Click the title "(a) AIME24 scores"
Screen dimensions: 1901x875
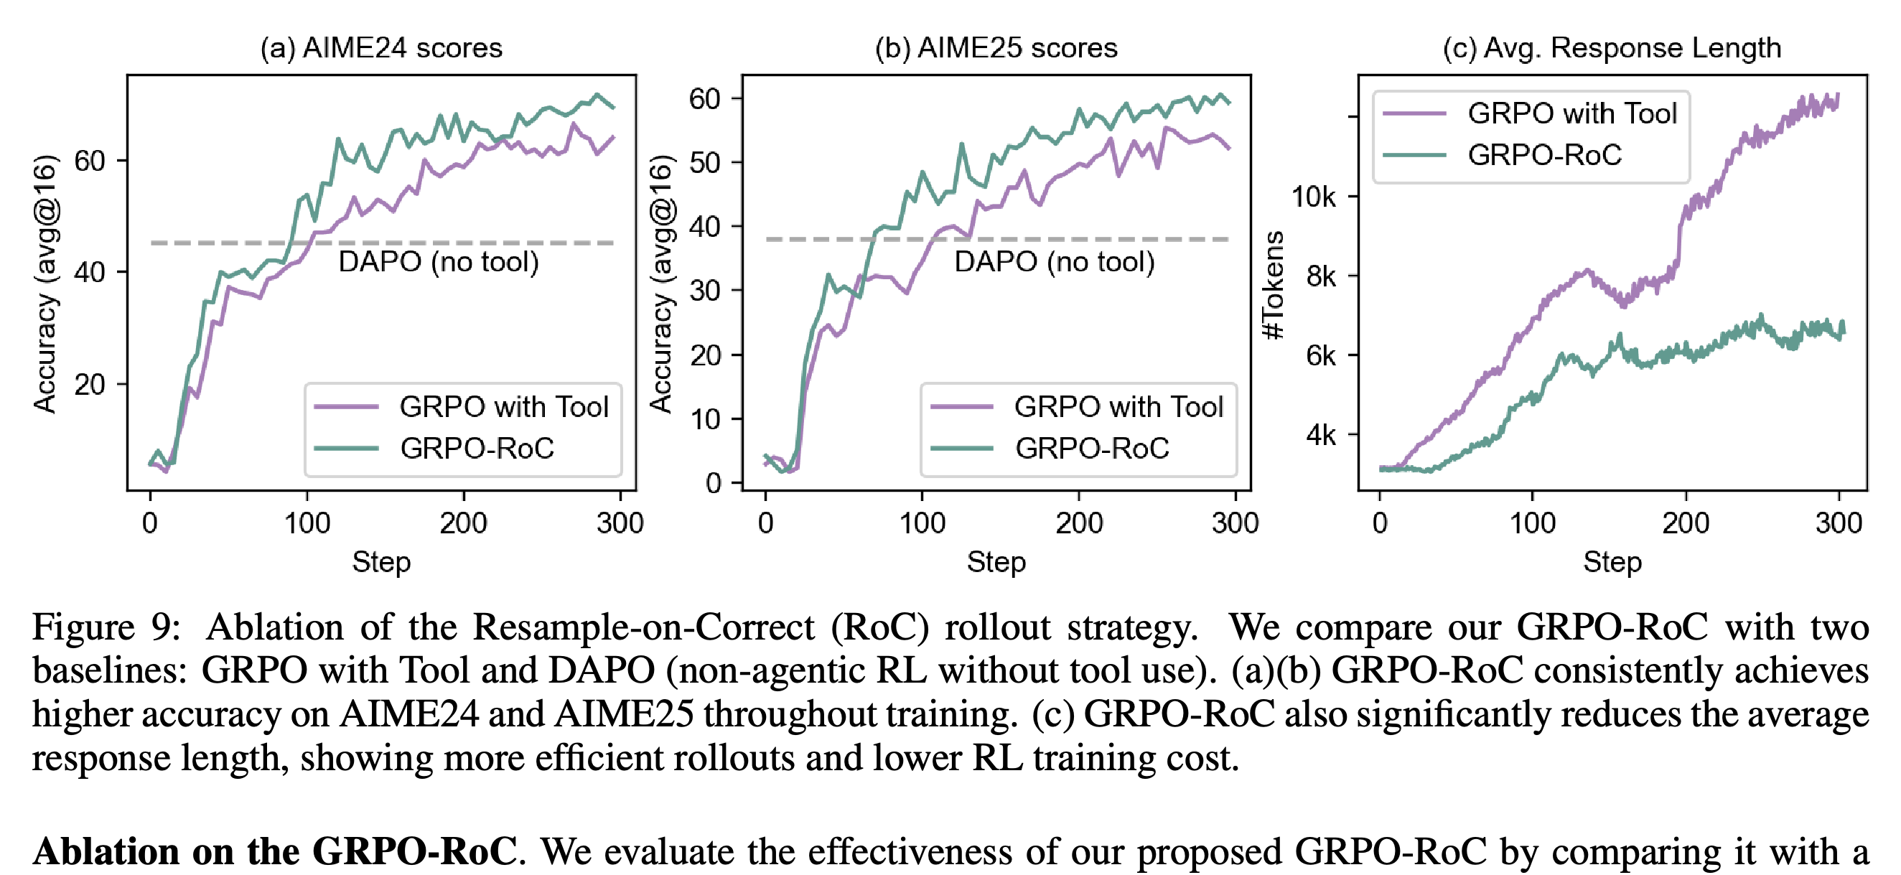click(380, 48)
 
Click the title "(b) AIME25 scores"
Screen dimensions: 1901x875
click(996, 48)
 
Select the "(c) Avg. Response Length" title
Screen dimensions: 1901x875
click(1612, 48)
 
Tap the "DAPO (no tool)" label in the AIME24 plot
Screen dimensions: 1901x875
click(439, 262)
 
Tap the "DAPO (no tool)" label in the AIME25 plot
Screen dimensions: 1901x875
click(1054, 262)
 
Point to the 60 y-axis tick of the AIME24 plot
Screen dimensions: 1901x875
click(89, 161)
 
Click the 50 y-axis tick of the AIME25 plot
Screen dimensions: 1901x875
click(705, 162)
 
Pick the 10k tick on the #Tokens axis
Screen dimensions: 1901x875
click(1314, 197)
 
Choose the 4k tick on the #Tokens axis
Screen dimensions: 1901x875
click(1321, 434)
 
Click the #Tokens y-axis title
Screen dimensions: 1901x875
click(1274, 286)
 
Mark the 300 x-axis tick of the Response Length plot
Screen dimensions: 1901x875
click(1839, 523)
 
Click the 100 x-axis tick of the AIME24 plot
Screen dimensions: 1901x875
click(307, 523)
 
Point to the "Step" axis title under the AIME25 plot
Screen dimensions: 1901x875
click(996, 562)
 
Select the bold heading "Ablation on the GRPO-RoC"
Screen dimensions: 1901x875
click(275, 851)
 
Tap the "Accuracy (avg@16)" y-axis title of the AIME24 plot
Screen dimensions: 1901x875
click(46, 284)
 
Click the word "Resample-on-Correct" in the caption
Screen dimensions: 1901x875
click(643, 628)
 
